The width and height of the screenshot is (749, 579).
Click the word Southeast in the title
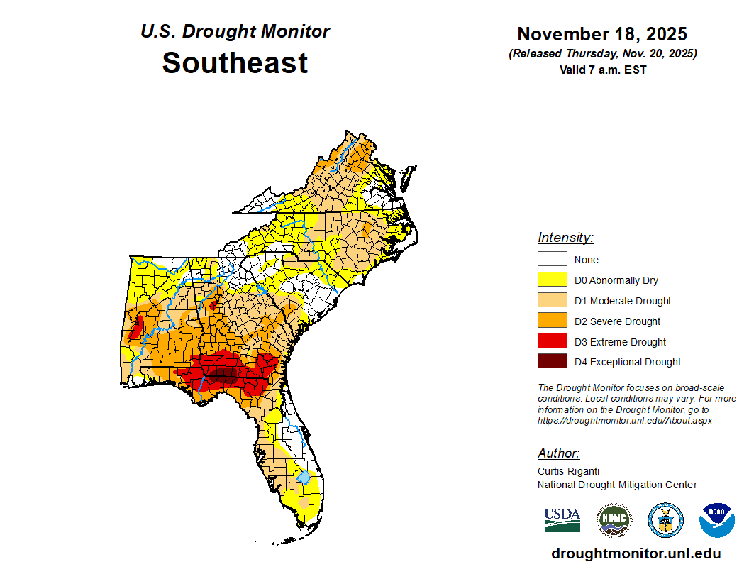tap(235, 63)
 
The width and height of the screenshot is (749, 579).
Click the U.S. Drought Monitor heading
tap(235, 32)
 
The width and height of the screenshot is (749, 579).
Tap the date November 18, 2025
tap(602, 34)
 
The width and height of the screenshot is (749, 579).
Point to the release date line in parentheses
tap(602, 54)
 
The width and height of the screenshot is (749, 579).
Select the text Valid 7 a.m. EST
tap(602, 70)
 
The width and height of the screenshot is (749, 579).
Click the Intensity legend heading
tap(565, 238)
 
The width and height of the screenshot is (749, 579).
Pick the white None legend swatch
tap(552, 259)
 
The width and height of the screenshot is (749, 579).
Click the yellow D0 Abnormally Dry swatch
tap(552, 280)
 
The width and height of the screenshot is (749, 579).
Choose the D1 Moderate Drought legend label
tap(623, 301)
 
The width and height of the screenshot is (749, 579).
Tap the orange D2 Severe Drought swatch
tap(552, 321)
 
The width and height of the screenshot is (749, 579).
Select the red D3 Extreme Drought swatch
tap(552, 341)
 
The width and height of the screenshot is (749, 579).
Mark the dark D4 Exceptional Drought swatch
tap(552, 362)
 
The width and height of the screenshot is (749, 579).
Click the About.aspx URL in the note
tap(625, 420)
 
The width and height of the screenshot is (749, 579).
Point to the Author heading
tap(558, 453)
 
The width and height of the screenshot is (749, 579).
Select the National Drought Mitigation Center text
tap(617, 485)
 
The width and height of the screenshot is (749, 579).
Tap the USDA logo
tap(562, 520)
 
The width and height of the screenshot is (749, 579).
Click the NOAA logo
tap(716, 520)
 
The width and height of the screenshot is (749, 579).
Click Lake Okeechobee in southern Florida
tap(304, 477)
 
